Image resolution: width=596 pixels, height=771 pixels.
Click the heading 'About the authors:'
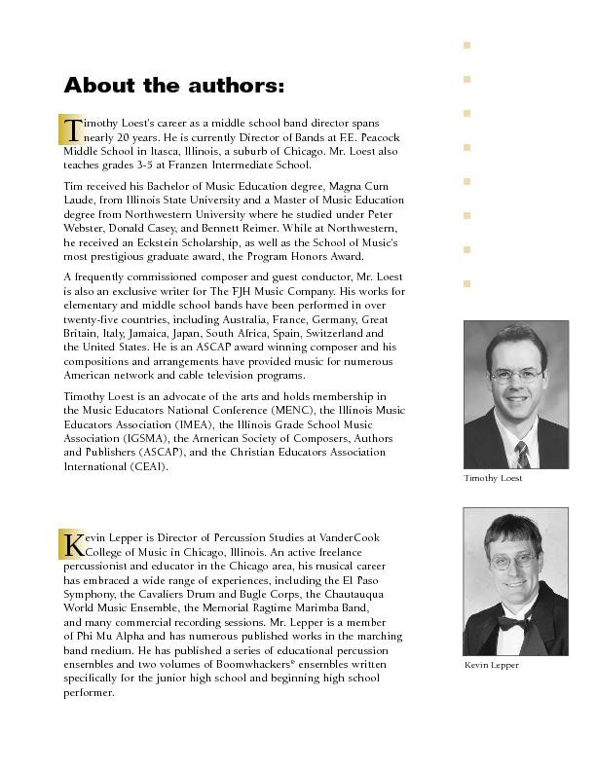click(x=174, y=87)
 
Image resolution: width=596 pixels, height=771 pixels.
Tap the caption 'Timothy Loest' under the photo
click(x=493, y=478)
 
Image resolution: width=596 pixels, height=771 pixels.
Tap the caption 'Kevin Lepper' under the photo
click(x=492, y=665)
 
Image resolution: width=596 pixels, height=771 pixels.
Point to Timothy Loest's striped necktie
click(x=521, y=453)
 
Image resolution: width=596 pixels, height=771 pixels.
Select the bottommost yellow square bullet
click(x=467, y=283)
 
